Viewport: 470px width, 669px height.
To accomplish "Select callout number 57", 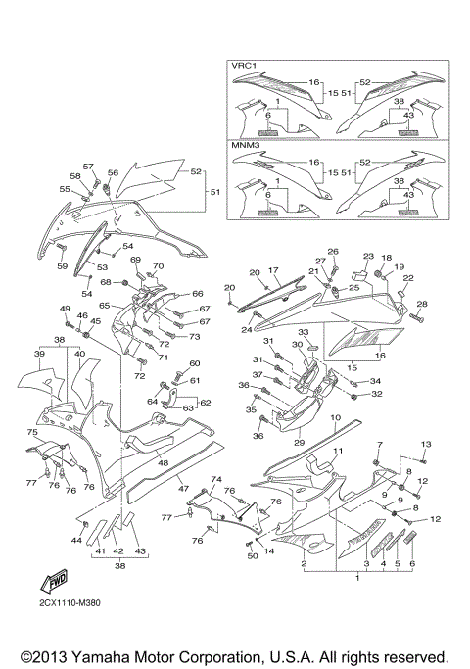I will pos(88,167).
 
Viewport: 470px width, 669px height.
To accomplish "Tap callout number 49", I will pos(66,310).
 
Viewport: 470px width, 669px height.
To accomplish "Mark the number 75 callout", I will pos(31,432).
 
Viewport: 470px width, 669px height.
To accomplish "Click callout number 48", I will pos(164,462).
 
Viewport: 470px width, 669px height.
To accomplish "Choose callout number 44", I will pos(76,540).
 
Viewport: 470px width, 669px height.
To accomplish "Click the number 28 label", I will pos(422,305).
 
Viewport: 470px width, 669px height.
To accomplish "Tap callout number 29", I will pos(300,444).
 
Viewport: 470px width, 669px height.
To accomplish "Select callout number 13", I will pos(425,445).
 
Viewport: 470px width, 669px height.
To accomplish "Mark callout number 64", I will pos(152,401).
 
